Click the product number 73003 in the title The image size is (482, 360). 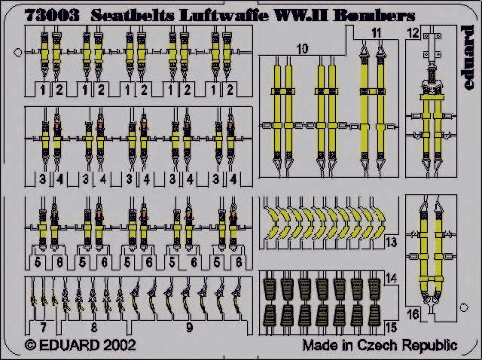[x=52, y=15]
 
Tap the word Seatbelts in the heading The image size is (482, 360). [x=133, y=15]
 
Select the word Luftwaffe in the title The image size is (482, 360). [x=224, y=15]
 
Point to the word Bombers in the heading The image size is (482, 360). [x=374, y=15]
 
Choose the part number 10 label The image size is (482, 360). [x=303, y=49]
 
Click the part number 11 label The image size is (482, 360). [x=377, y=33]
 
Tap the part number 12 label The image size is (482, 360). [x=413, y=33]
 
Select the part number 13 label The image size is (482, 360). [x=391, y=243]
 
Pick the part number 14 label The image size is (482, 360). [x=391, y=278]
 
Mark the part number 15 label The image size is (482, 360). [x=391, y=328]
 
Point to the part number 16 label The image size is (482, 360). [x=413, y=314]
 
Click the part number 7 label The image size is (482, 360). [x=44, y=328]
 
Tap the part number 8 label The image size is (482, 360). [x=93, y=328]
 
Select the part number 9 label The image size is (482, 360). [x=189, y=328]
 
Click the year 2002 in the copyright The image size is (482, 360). [x=120, y=345]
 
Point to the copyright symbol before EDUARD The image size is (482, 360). [x=30, y=345]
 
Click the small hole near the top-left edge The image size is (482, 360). [x=18, y=52]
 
